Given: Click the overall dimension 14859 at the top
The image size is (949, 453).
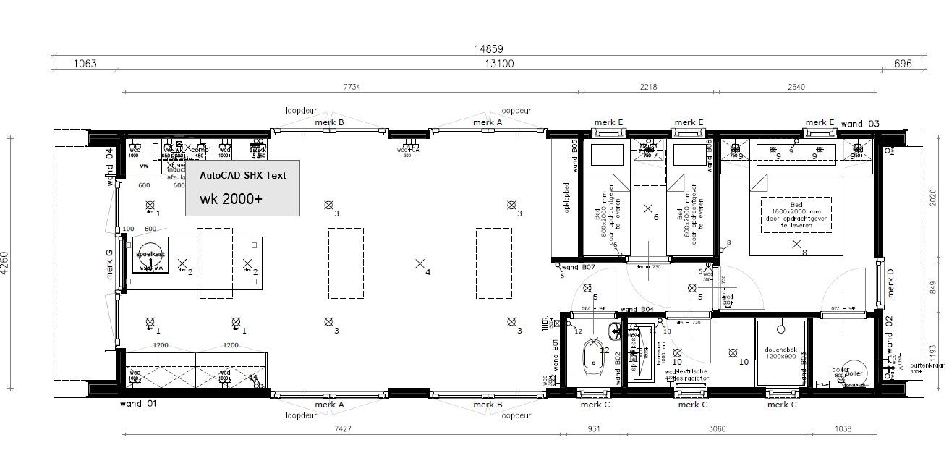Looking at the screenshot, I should pos(488,49).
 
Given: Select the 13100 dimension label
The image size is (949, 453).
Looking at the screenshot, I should pos(499,64).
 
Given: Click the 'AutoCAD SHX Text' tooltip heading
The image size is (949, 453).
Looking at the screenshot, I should pos(243,175).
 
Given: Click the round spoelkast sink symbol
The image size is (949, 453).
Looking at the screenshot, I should pos(150,256).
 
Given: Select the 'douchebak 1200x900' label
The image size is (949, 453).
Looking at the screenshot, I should pos(780,352).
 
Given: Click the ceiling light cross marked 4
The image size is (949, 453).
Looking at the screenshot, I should pos(420,264).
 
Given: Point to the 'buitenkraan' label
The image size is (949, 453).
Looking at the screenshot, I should pos(925,367).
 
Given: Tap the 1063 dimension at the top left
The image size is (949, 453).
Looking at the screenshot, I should pos(85,64).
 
